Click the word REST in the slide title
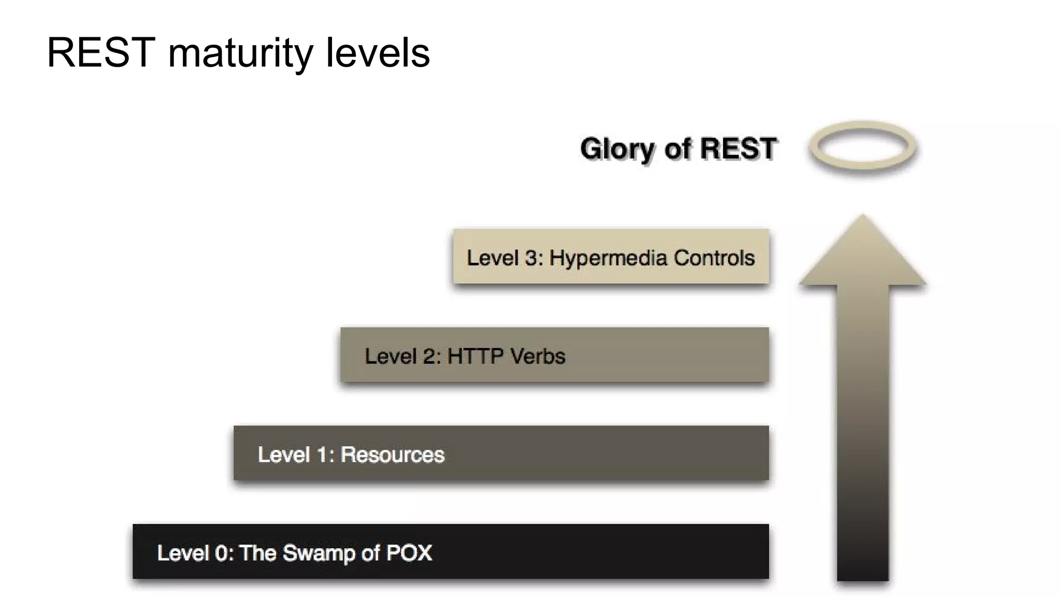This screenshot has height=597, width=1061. tap(101, 53)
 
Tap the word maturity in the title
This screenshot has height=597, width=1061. tap(240, 54)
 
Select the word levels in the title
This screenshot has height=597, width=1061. tap(378, 53)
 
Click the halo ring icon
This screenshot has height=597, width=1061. tap(863, 147)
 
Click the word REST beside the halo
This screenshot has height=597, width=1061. tap(738, 149)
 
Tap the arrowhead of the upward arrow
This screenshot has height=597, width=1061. tap(863, 254)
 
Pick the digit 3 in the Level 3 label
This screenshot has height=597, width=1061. tap(531, 258)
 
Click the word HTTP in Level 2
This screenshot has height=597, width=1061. tap(475, 357)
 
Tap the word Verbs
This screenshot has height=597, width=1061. tap(538, 357)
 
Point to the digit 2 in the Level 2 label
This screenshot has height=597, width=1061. tap(429, 357)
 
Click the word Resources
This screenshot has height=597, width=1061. tap(392, 455)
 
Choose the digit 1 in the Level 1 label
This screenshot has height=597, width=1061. tap(322, 455)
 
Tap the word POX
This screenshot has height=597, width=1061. tap(409, 553)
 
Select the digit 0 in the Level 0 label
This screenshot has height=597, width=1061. tap(221, 553)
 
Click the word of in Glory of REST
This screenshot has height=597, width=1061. tap(678, 149)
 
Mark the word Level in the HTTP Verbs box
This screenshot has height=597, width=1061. tap(390, 357)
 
